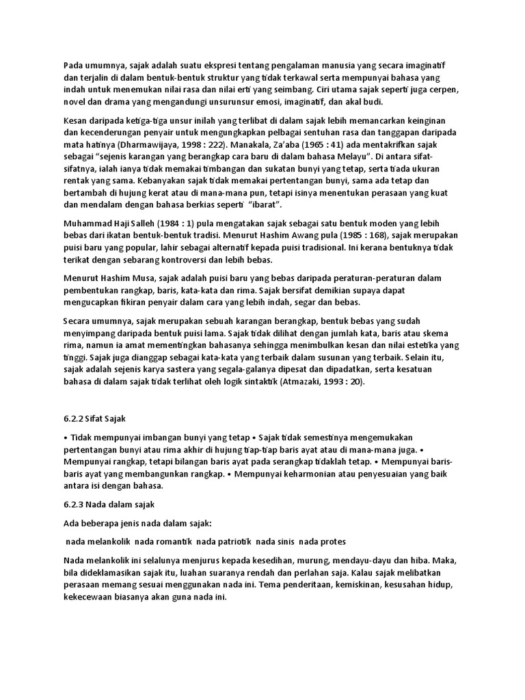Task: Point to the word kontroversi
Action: pyautogui.click(x=180, y=260)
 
